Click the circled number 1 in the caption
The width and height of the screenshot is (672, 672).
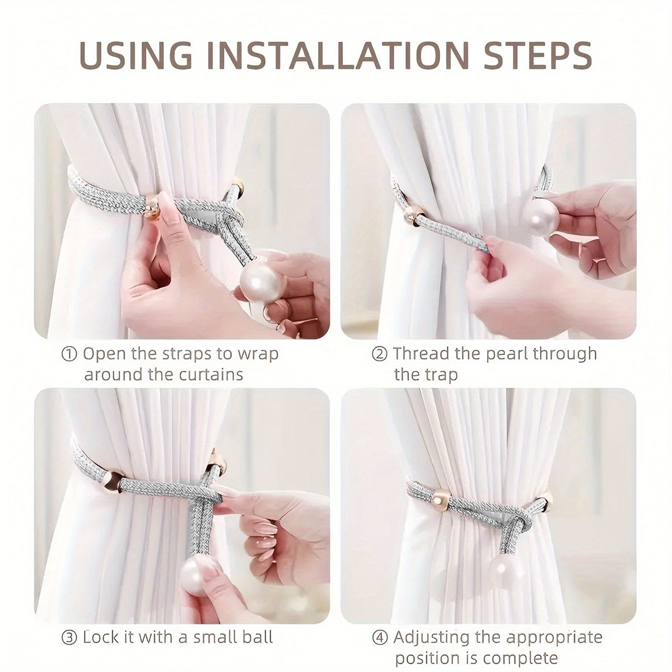point(69,354)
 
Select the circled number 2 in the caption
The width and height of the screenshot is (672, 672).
point(379,354)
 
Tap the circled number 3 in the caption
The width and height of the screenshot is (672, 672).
point(69,637)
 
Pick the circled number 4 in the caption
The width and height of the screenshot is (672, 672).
point(379,637)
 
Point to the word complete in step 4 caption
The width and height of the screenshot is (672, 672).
point(520,657)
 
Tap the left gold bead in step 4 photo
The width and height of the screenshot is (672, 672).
point(441,498)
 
